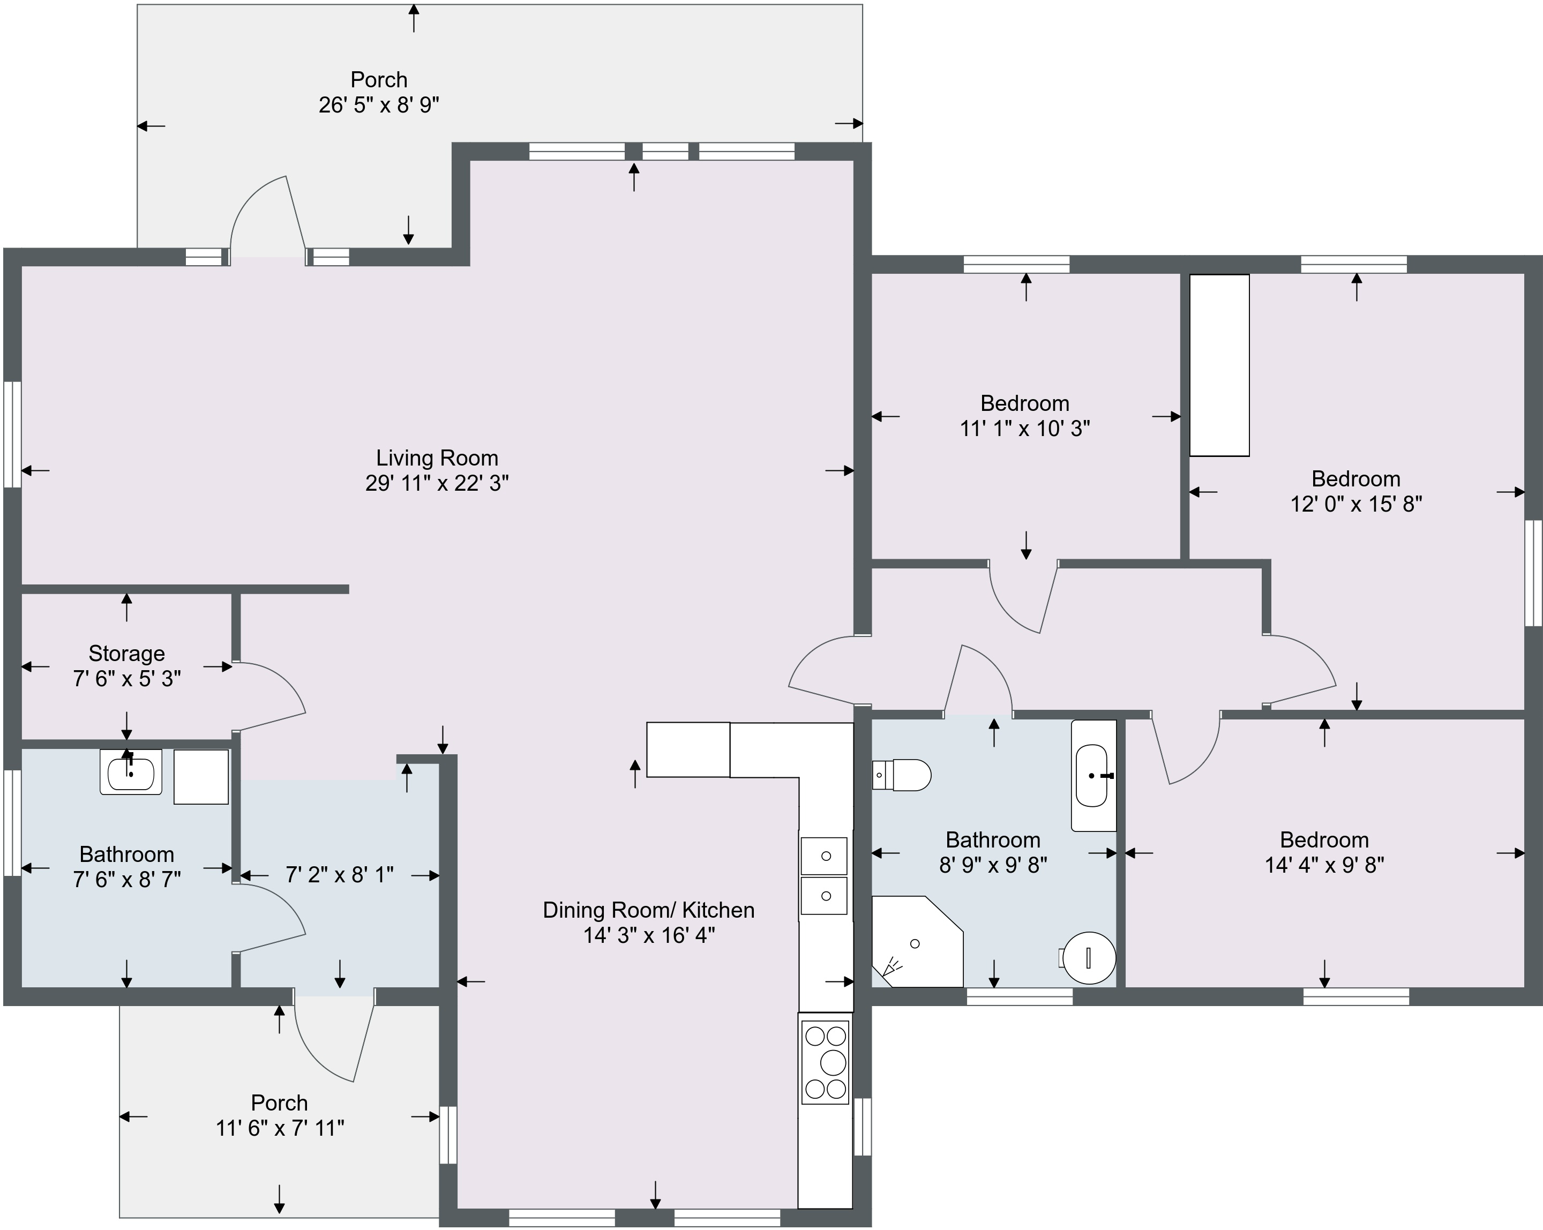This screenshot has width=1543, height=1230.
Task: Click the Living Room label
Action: click(x=437, y=458)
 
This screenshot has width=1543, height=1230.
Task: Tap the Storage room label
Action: click(x=126, y=653)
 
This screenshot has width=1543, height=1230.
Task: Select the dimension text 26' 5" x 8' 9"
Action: click(x=379, y=105)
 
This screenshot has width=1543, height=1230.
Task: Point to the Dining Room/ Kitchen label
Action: click(x=648, y=910)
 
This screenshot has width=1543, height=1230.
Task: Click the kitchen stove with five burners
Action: click(x=825, y=1062)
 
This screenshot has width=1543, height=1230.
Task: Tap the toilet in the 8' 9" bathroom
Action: click(x=902, y=775)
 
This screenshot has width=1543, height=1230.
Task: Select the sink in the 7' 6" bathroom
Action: click(x=131, y=772)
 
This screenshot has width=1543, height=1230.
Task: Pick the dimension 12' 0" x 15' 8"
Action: click(x=1356, y=505)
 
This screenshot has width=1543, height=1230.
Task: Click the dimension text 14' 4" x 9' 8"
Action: click(x=1324, y=865)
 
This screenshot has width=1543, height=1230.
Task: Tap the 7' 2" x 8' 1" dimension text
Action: click(x=340, y=874)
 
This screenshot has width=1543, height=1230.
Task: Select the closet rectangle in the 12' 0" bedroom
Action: click(x=1219, y=365)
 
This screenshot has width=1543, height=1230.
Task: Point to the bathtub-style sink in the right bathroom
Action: click(x=1093, y=776)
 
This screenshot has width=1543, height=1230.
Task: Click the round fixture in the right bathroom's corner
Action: click(x=1089, y=957)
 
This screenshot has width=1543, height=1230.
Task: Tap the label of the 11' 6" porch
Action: click(x=280, y=1102)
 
